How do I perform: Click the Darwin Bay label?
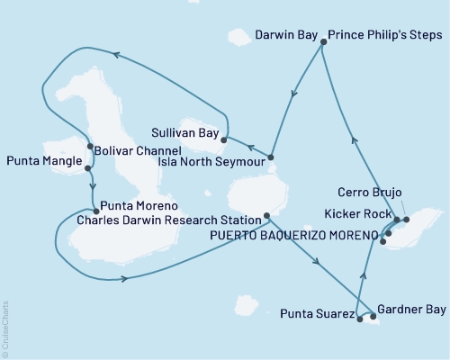(285, 38)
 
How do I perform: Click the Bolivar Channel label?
(139, 150)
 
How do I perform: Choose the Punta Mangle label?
(42, 163)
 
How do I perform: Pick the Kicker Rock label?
(359, 214)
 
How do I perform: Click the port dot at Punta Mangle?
(86, 168)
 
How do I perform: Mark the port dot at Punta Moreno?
(94, 211)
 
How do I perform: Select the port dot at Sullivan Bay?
(223, 139)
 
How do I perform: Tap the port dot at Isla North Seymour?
(270, 158)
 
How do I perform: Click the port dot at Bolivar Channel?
(89, 147)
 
